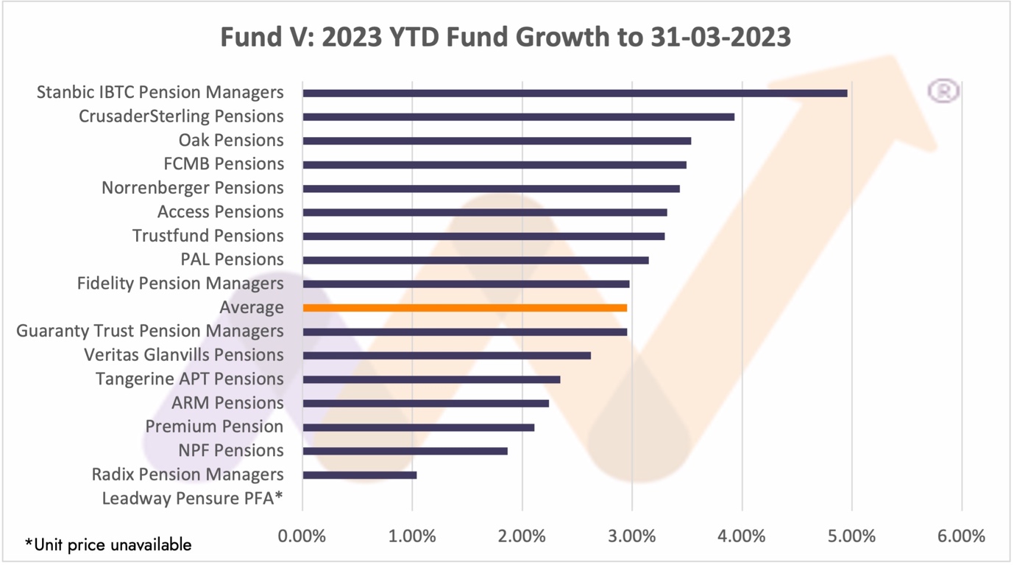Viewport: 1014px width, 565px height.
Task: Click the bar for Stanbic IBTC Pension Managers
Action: (x=575, y=93)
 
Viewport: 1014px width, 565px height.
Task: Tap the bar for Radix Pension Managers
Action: (x=360, y=475)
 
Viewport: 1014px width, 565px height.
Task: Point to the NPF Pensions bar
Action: (x=405, y=451)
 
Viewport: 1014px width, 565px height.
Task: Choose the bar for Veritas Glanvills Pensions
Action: (x=447, y=356)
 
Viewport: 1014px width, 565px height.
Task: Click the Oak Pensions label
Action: (x=231, y=140)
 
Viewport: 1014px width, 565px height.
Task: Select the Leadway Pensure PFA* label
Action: (x=193, y=499)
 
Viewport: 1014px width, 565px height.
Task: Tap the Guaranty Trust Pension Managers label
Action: (x=150, y=331)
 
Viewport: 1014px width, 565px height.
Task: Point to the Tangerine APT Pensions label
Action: (x=190, y=379)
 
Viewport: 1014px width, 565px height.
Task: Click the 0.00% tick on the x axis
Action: (x=302, y=536)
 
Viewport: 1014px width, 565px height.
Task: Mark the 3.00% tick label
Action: (x=632, y=536)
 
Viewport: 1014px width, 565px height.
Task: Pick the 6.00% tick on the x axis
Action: (x=962, y=536)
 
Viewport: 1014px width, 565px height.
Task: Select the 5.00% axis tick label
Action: (x=852, y=536)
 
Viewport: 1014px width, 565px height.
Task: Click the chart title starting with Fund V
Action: (x=506, y=37)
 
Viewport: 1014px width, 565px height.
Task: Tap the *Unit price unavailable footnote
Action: (x=108, y=545)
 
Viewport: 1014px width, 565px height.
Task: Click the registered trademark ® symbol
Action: (x=943, y=91)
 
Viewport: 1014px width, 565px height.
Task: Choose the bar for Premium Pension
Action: (x=419, y=427)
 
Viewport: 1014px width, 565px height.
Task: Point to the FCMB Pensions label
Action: (x=224, y=164)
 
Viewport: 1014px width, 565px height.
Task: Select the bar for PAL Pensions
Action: (x=476, y=260)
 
